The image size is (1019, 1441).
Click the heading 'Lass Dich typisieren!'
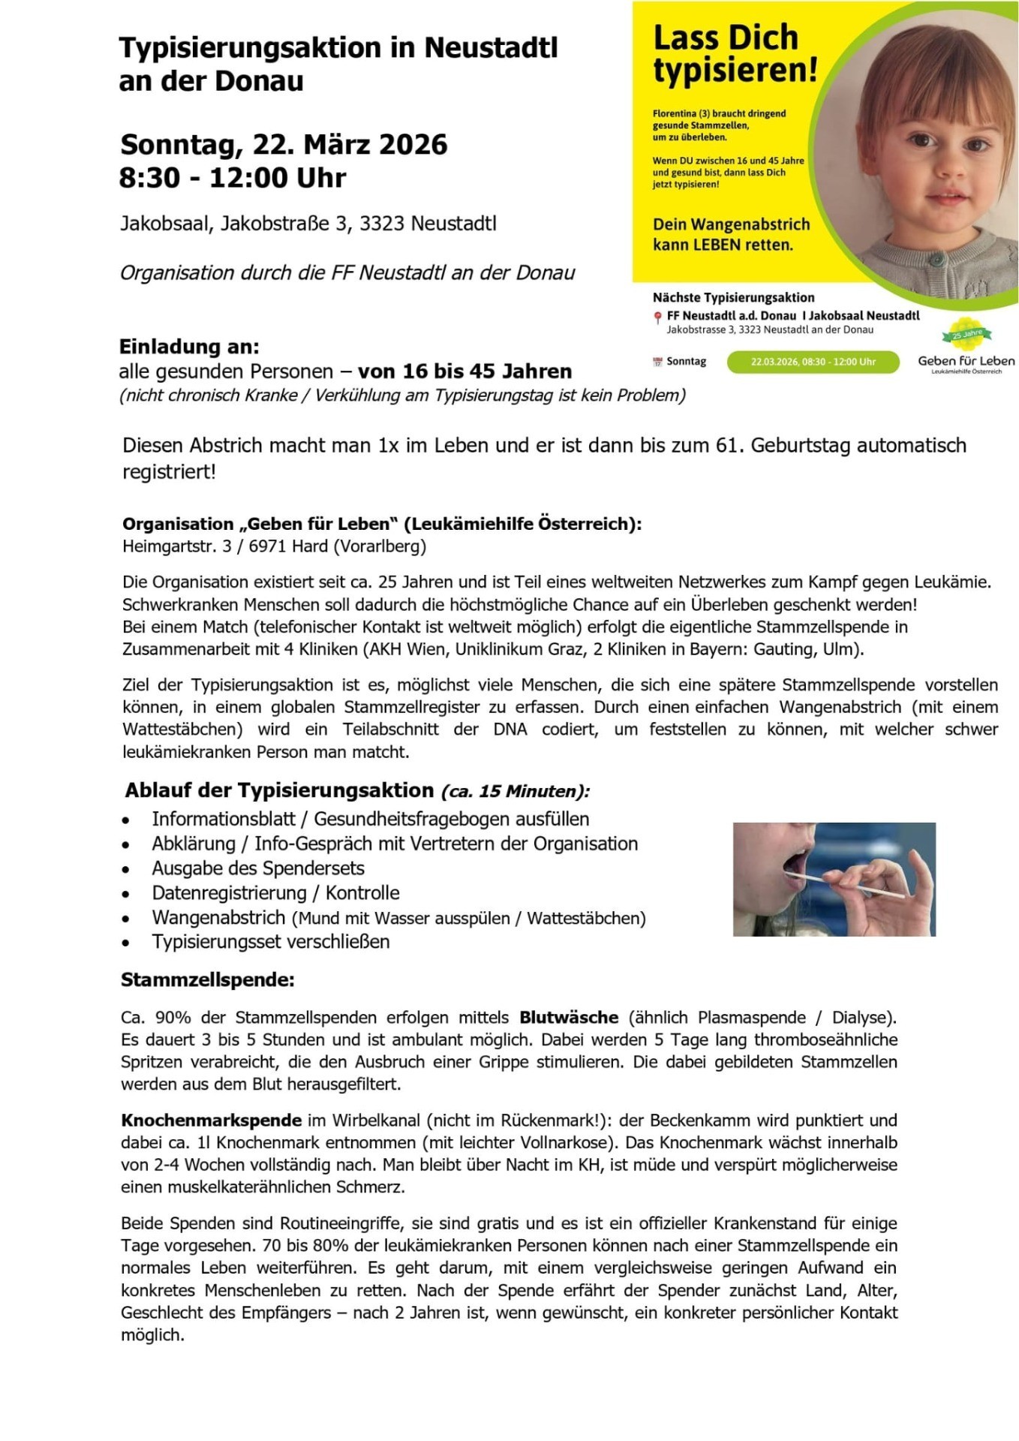click(x=734, y=54)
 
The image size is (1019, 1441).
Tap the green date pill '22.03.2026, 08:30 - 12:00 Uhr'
click(x=813, y=362)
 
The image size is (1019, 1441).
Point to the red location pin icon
click(x=658, y=317)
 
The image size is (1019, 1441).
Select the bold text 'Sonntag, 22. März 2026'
click(x=284, y=144)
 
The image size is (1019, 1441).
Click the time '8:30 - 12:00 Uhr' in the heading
click(x=233, y=178)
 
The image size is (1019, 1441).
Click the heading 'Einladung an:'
click(x=189, y=347)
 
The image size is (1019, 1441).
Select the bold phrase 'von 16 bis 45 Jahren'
click(x=464, y=372)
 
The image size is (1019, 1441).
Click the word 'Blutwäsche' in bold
click(x=569, y=1018)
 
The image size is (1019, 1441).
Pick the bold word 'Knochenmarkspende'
click(x=212, y=1121)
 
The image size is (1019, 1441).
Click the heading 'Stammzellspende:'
click(x=208, y=980)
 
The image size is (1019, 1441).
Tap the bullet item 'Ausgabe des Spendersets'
click(x=258, y=868)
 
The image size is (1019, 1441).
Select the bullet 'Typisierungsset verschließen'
click(x=271, y=942)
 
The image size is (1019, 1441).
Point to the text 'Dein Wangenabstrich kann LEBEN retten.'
click(x=731, y=234)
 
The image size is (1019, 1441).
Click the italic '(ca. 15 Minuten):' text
click(x=515, y=791)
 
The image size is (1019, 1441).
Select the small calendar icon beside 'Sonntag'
click(x=658, y=362)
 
